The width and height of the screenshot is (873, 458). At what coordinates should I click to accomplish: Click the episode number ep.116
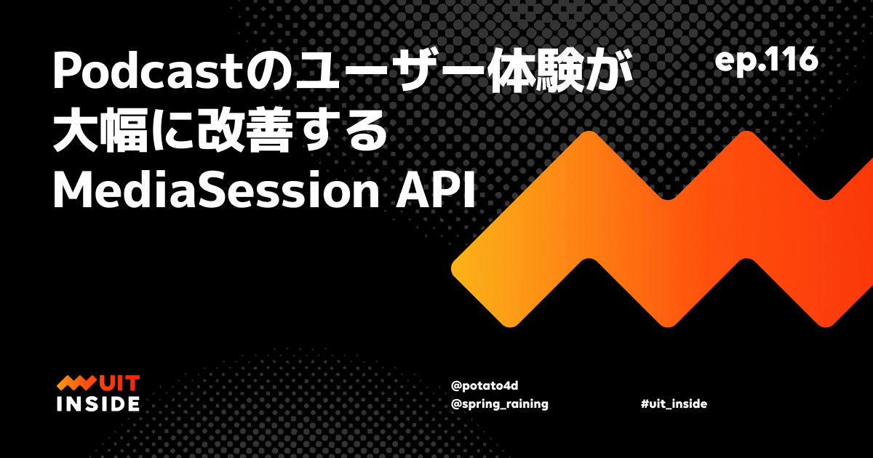click(x=766, y=61)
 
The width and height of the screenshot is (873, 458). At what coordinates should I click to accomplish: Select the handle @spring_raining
click(x=499, y=404)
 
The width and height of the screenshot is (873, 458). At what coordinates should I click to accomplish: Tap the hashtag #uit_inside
click(x=674, y=404)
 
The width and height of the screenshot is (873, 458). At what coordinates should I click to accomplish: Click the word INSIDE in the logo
click(x=97, y=403)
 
